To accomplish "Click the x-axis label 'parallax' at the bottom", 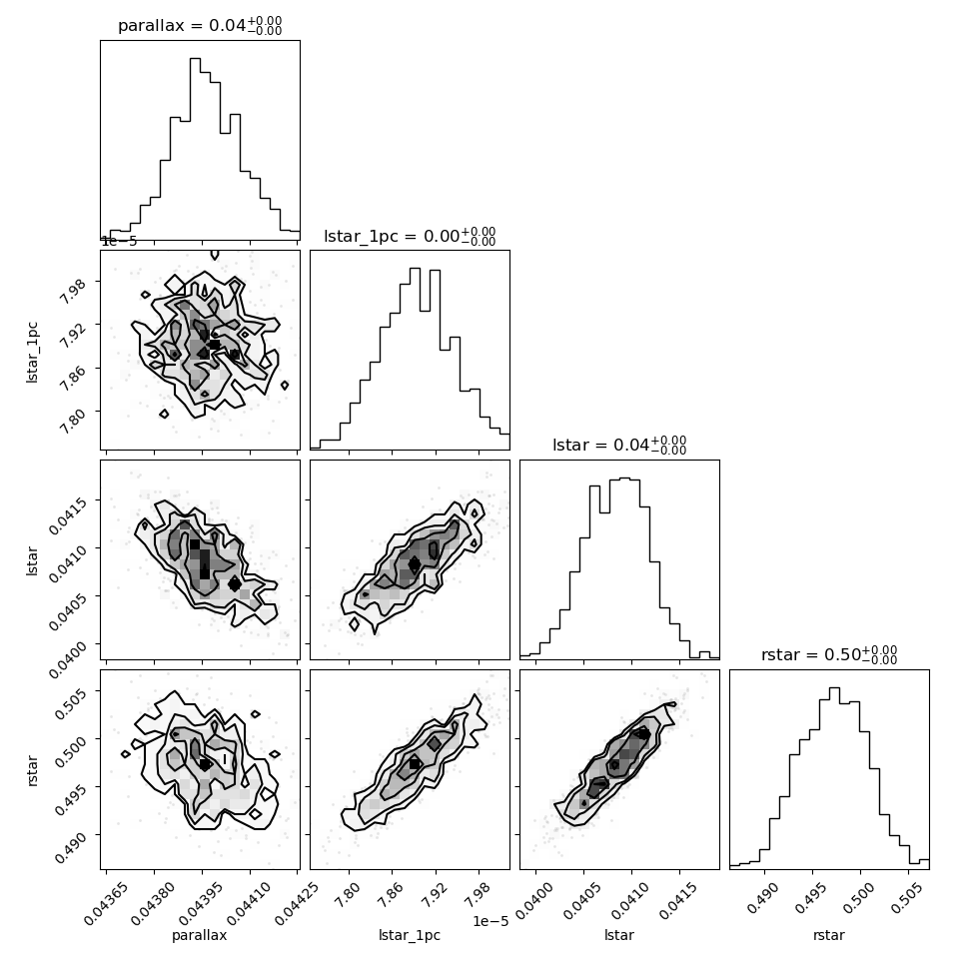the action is point(200,935).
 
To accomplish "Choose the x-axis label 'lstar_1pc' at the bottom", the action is point(410,935).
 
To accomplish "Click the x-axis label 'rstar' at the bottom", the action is point(829,935).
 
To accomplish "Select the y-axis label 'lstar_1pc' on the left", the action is point(32,353).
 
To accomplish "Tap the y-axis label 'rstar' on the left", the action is point(33,770).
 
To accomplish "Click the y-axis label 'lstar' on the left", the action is point(32,560).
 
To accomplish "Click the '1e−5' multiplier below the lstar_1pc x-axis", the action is point(490,921).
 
